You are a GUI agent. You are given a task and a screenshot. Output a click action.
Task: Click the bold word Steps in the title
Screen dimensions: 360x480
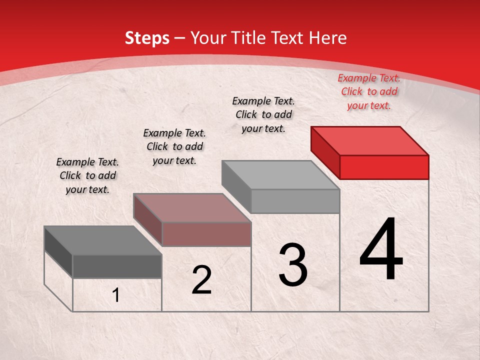tap(146, 38)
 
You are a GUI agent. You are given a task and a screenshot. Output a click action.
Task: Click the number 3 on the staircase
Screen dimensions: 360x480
tap(293, 265)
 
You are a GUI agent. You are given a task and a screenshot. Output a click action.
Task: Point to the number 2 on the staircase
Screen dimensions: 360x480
tap(201, 280)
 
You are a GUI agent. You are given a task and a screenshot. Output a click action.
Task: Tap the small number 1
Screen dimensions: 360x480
tap(116, 295)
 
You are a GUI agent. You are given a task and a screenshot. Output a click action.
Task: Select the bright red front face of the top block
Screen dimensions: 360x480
tap(384, 167)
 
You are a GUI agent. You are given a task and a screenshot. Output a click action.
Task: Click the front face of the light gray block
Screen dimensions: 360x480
tap(295, 201)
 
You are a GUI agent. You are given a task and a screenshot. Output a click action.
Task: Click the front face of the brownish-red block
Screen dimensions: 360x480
tap(206, 234)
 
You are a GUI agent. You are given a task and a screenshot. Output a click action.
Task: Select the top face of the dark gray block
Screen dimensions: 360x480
tap(103, 240)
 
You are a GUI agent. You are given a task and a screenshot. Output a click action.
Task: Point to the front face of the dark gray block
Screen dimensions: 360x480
tap(117, 266)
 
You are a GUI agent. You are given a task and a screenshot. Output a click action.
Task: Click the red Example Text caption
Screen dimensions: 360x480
tap(369, 91)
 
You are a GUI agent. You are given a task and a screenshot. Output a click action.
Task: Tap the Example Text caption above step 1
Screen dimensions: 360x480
tap(87, 175)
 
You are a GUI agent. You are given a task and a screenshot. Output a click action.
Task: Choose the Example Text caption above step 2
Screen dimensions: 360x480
tap(174, 146)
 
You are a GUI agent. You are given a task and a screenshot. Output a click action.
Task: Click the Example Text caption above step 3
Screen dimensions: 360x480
tap(263, 114)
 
